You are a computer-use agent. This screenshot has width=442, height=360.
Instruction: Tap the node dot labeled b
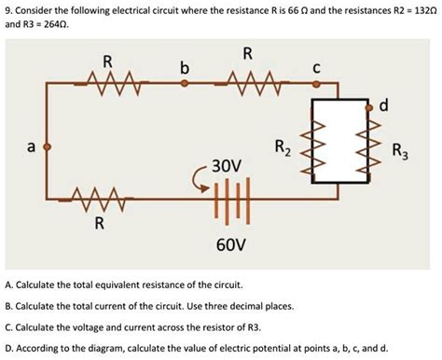185,83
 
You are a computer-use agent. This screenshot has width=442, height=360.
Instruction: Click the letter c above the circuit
317,67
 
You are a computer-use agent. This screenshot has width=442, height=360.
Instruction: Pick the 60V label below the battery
229,244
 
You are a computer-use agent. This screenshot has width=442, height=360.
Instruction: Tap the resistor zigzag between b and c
251,84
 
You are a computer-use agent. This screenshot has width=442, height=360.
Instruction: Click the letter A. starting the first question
8,284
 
